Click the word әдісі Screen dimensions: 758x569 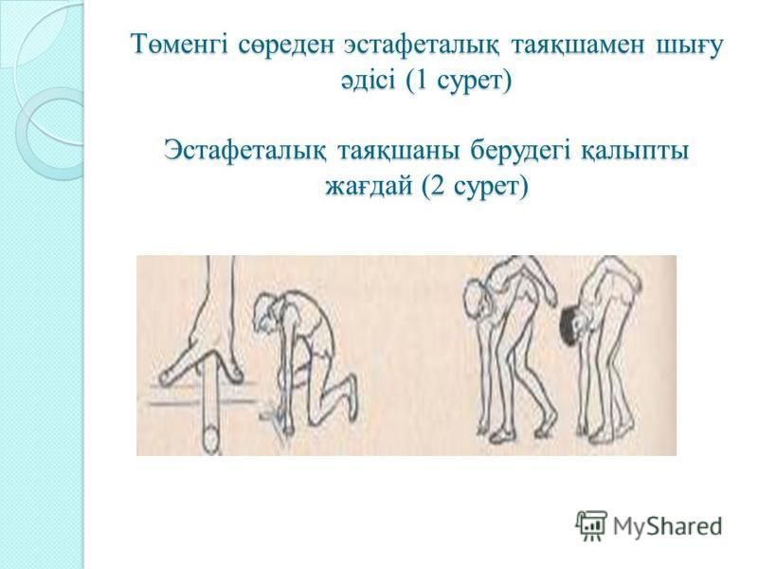pyautogui.click(x=369, y=81)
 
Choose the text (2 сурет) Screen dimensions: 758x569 pyautogui.click(x=475, y=187)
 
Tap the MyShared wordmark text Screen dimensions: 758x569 pyautogui.click(x=668, y=526)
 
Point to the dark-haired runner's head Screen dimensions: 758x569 pyautogui.click(x=571, y=324)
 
